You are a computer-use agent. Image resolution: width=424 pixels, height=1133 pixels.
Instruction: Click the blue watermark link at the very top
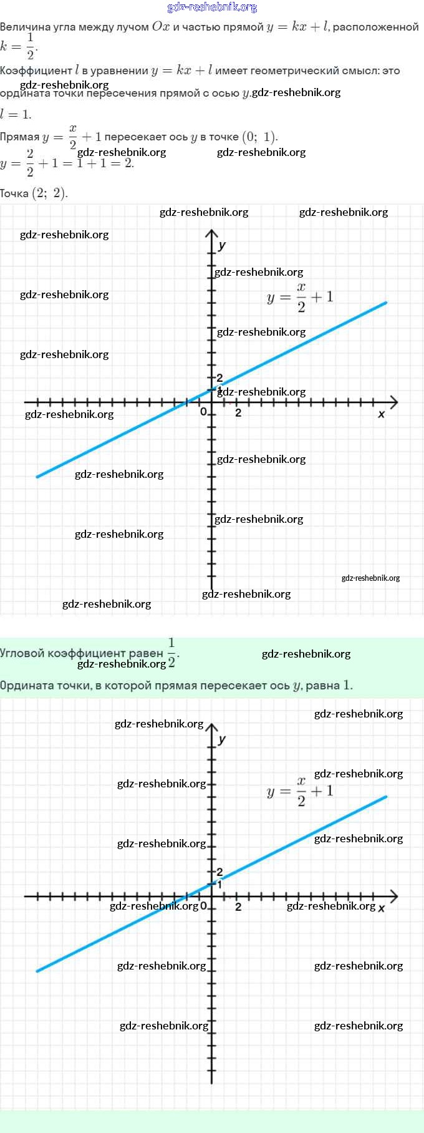[x=212, y=7]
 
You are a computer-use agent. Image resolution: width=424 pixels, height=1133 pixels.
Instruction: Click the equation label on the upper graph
[x=300, y=297]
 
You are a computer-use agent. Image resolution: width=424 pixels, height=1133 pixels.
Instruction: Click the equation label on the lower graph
[x=300, y=792]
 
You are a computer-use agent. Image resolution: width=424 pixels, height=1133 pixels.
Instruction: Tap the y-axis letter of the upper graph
[x=222, y=245]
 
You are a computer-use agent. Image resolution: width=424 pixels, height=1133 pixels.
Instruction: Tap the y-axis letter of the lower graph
[x=222, y=739]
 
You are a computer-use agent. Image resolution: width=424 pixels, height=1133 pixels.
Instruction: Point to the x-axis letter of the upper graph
[x=382, y=414]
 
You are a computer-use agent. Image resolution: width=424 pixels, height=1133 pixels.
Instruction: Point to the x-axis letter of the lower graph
[x=382, y=908]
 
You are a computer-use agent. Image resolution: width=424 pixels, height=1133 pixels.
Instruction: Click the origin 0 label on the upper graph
[x=203, y=412]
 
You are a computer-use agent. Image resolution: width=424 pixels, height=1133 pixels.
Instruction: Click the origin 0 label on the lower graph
[x=203, y=906]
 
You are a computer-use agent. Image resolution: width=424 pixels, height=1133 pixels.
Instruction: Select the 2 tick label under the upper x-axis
[x=238, y=412]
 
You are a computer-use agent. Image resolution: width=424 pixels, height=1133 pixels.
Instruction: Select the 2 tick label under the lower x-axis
[x=238, y=907]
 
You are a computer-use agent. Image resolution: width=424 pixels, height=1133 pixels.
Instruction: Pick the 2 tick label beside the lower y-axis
[x=219, y=872]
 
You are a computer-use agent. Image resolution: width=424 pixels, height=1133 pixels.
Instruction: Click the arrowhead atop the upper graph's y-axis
[x=212, y=233]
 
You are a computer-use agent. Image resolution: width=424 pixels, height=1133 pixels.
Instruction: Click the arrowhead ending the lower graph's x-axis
[x=393, y=897]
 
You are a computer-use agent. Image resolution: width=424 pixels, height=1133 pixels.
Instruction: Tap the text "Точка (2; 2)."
[x=34, y=193]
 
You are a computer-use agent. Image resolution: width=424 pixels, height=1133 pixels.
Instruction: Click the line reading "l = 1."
[x=16, y=114]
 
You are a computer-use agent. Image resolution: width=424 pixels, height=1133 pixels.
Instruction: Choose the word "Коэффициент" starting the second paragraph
[x=36, y=71]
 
